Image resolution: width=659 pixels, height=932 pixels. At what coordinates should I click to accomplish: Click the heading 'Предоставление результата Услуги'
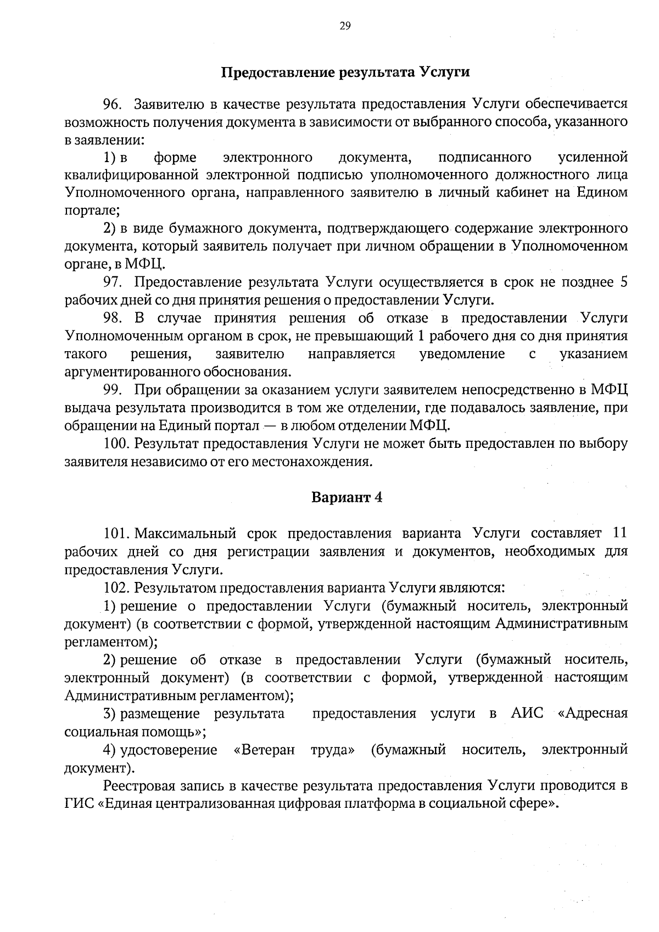pos(345,73)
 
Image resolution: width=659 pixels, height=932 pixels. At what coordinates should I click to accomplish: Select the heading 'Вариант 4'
pos(347,497)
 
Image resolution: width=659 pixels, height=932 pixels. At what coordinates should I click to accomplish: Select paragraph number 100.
pos(116,443)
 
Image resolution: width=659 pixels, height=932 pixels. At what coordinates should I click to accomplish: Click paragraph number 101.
pos(116,533)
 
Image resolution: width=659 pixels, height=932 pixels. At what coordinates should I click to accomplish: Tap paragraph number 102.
pos(116,587)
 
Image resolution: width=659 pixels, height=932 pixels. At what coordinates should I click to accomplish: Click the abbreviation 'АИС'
pos(527,713)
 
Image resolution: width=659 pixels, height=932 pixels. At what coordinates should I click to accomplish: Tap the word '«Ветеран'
pos(264,750)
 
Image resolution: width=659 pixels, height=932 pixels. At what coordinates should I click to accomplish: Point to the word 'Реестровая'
pos(139,785)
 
